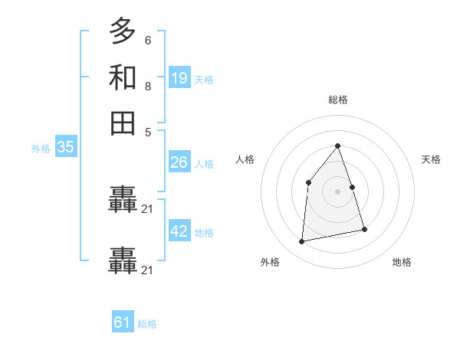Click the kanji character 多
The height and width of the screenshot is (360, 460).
pyautogui.click(x=123, y=31)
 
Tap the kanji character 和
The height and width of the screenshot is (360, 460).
pyautogui.click(x=123, y=77)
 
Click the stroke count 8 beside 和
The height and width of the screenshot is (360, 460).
pyautogui.click(x=147, y=87)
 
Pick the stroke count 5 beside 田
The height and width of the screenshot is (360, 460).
pyautogui.click(x=147, y=131)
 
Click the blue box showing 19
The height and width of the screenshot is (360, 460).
pyautogui.click(x=179, y=78)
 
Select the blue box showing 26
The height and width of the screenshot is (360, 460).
pyautogui.click(x=179, y=162)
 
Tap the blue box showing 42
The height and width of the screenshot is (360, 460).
pyautogui.click(x=179, y=231)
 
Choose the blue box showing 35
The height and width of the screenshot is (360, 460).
pyautogui.click(x=65, y=148)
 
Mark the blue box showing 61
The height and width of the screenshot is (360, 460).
pyautogui.click(x=122, y=322)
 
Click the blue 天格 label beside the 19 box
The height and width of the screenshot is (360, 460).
pyautogui.click(x=204, y=80)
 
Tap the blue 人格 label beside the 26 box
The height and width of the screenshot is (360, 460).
pyautogui.click(x=204, y=164)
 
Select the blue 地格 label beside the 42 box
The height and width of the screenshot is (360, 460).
pyautogui.click(x=204, y=233)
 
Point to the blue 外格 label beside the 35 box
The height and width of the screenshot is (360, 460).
pyautogui.click(x=41, y=149)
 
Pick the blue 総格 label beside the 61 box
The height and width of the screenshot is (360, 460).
pyautogui.click(x=147, y=324)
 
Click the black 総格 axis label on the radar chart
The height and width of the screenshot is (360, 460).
pyautogui.click(x=337, y=100)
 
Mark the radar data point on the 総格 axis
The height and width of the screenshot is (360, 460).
pyautogui.click(x=337, y=146)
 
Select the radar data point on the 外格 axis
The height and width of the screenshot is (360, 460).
pyautogui.click(x=302, y=242)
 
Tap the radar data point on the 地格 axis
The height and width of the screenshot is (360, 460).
pyautogui.click(x=364, y=229)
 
